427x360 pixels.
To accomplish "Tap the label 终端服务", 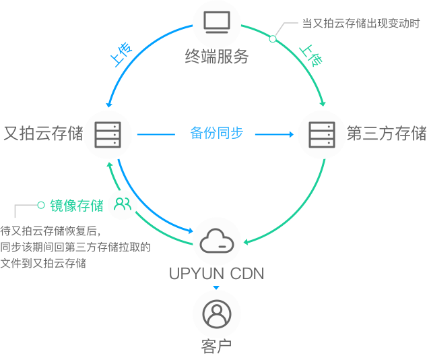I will [x=216, y=57].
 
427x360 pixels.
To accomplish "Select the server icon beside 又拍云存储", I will [x=106, y=134].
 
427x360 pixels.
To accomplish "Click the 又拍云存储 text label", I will [x=42, y=133].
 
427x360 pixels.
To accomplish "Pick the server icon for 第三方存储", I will [x=321, y=134].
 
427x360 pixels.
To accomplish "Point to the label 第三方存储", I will [x=387, y=133].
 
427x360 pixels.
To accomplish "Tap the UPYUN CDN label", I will [x=216, y=274].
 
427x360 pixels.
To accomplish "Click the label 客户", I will [x=216, y=347].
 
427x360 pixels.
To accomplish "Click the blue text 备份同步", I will [x=216, y=133].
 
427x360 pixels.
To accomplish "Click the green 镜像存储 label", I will [x=76, y=205].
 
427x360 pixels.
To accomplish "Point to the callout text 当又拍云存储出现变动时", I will [x=361, y=24].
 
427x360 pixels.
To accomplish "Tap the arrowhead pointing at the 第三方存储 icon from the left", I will [x=292, y=134].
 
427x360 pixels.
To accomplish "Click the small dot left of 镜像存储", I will [x=41, y=204].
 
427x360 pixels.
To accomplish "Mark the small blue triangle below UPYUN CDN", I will [x=216, y=288].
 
